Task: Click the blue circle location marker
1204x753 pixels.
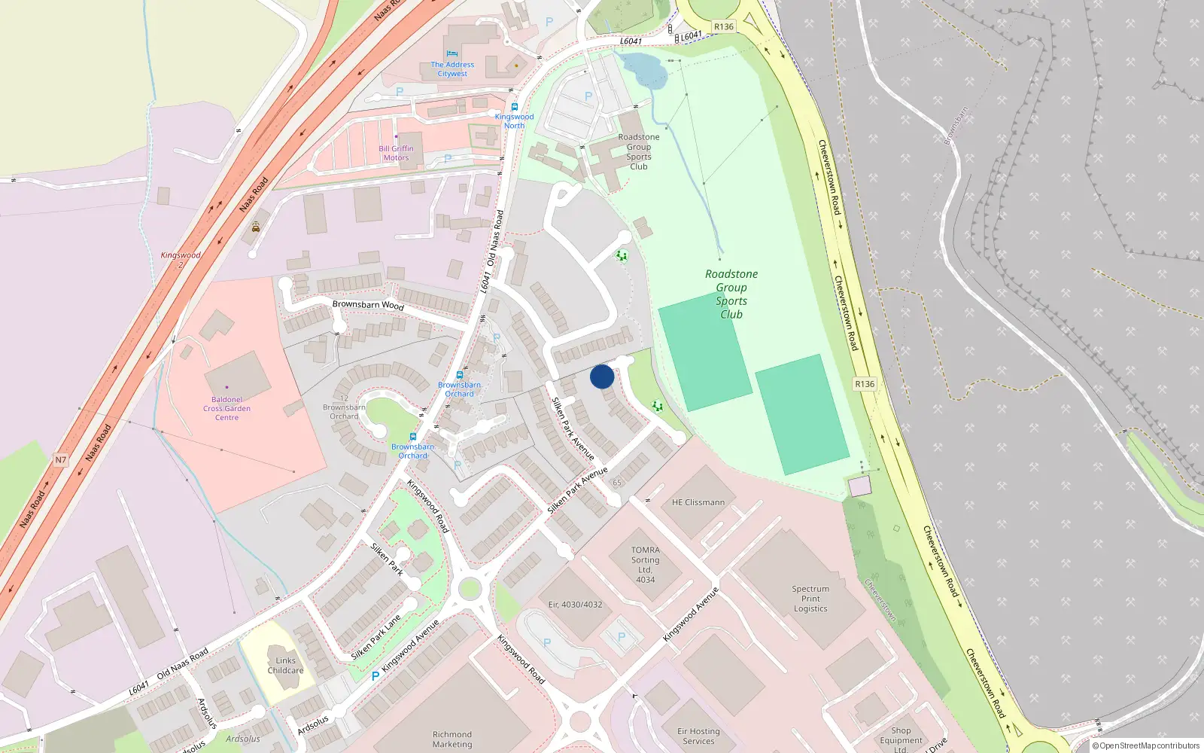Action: (x=602, y=376)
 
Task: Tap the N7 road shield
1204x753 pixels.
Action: (x=61, y=460)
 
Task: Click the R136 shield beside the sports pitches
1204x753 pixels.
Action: (x=865, y=384)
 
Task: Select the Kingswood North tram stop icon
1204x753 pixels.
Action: (x=515, y=107)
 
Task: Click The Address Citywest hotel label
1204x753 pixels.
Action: (x=452, y=69)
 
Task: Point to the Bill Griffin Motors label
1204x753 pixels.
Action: (x=396, y=153)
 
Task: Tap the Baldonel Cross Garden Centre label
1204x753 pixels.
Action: (x=227, y=408)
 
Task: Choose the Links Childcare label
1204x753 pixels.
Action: (x=285, y=666)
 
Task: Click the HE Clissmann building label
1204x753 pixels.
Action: (x=698, y=502)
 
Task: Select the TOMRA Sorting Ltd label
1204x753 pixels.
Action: (x=645, y=565)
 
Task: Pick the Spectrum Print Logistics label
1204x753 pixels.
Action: (x=810, y=599)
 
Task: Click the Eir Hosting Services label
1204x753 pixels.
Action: (x=698, y=736)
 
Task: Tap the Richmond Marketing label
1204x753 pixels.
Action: (x=452, y=739)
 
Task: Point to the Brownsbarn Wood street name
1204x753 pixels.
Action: (x=368, y=305)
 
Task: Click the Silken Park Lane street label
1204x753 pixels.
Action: (x=375, y=637)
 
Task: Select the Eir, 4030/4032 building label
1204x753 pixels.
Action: (x=575, y=605)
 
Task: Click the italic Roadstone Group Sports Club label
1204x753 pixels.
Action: (x=731, y=294)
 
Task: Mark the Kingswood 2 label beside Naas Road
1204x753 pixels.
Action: (x=181, y=259)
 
